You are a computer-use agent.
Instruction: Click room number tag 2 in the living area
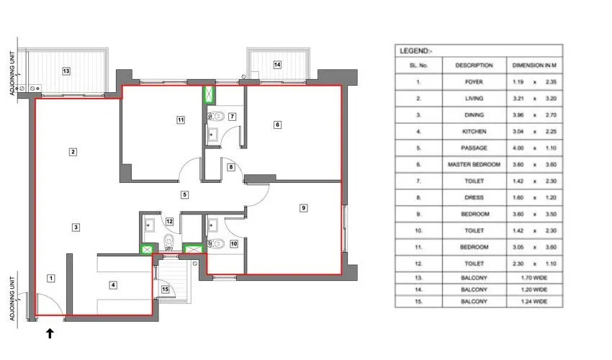point(73,151)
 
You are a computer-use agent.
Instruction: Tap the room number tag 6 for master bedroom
point(277,125)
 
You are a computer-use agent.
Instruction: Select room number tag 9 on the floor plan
point(304,208)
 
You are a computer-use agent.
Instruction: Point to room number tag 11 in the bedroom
point(181,120)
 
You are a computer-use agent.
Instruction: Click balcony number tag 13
point(66,71)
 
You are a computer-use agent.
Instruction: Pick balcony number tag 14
point(276,65)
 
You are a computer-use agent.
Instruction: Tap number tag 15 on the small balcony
point(165,289)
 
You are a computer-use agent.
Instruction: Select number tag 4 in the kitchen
point(112,284)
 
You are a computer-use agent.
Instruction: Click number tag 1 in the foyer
point(51,277)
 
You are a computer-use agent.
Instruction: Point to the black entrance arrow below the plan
point(50,333)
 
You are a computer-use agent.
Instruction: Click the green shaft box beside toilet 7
point(211,94)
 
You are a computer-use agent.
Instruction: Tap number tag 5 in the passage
point(184,194)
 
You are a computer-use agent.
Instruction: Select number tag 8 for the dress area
point(230,168)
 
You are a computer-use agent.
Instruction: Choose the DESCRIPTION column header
point(474,66)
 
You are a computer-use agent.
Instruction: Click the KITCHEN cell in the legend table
point(474,132)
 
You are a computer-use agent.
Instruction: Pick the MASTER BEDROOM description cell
point(474,165)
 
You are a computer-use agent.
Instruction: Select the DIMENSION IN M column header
point(533,66)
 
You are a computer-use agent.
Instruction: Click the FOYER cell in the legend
point(474,82)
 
